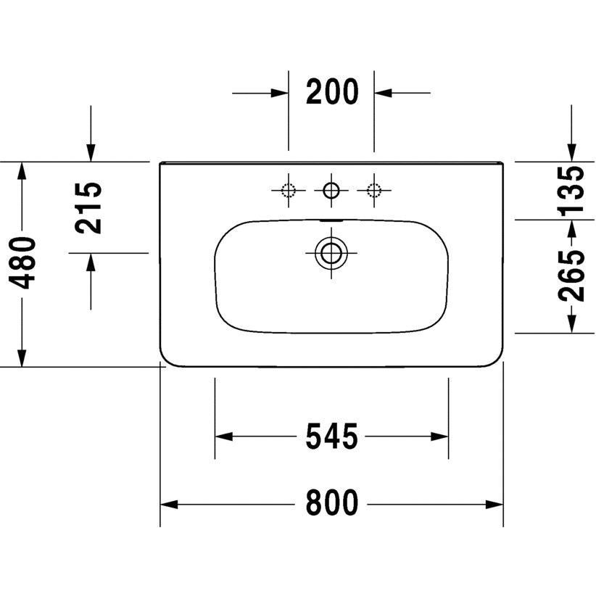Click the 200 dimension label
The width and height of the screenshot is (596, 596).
[331, 93]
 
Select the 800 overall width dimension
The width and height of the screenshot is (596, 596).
[331, 502]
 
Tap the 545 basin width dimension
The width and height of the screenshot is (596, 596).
[331, 436]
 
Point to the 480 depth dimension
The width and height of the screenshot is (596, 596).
[23, 262]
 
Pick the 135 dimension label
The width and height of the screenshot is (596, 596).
[573, 190]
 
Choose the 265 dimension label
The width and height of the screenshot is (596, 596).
[573, 276]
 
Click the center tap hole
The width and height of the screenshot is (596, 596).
[331, 191]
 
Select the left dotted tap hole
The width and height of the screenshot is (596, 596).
[289, 191]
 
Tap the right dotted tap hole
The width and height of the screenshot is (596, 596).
[374, 191]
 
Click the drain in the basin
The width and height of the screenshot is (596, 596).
[331, 253]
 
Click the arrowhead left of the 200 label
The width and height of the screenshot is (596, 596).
[280, 93]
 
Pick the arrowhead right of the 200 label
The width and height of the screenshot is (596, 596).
[383, 93]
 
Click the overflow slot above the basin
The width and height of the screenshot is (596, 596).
[331, 219]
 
